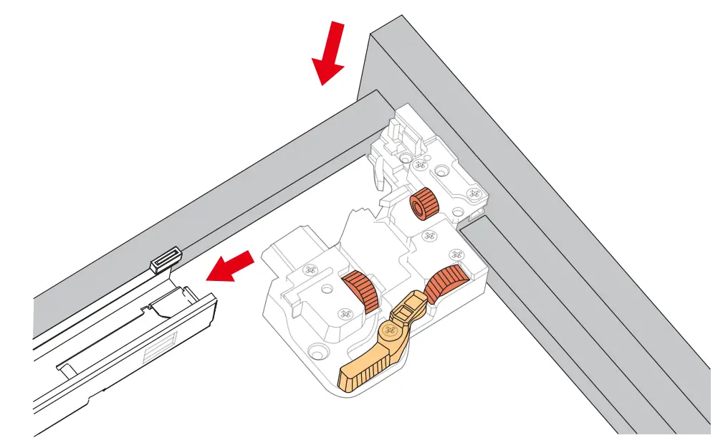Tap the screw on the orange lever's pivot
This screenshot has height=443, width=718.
391,330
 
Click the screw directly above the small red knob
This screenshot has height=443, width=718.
420,166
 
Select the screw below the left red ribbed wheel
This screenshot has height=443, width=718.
345,314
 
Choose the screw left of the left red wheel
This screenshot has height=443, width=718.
310,270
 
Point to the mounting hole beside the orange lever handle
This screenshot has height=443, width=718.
312,351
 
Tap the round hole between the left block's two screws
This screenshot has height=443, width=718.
327,290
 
